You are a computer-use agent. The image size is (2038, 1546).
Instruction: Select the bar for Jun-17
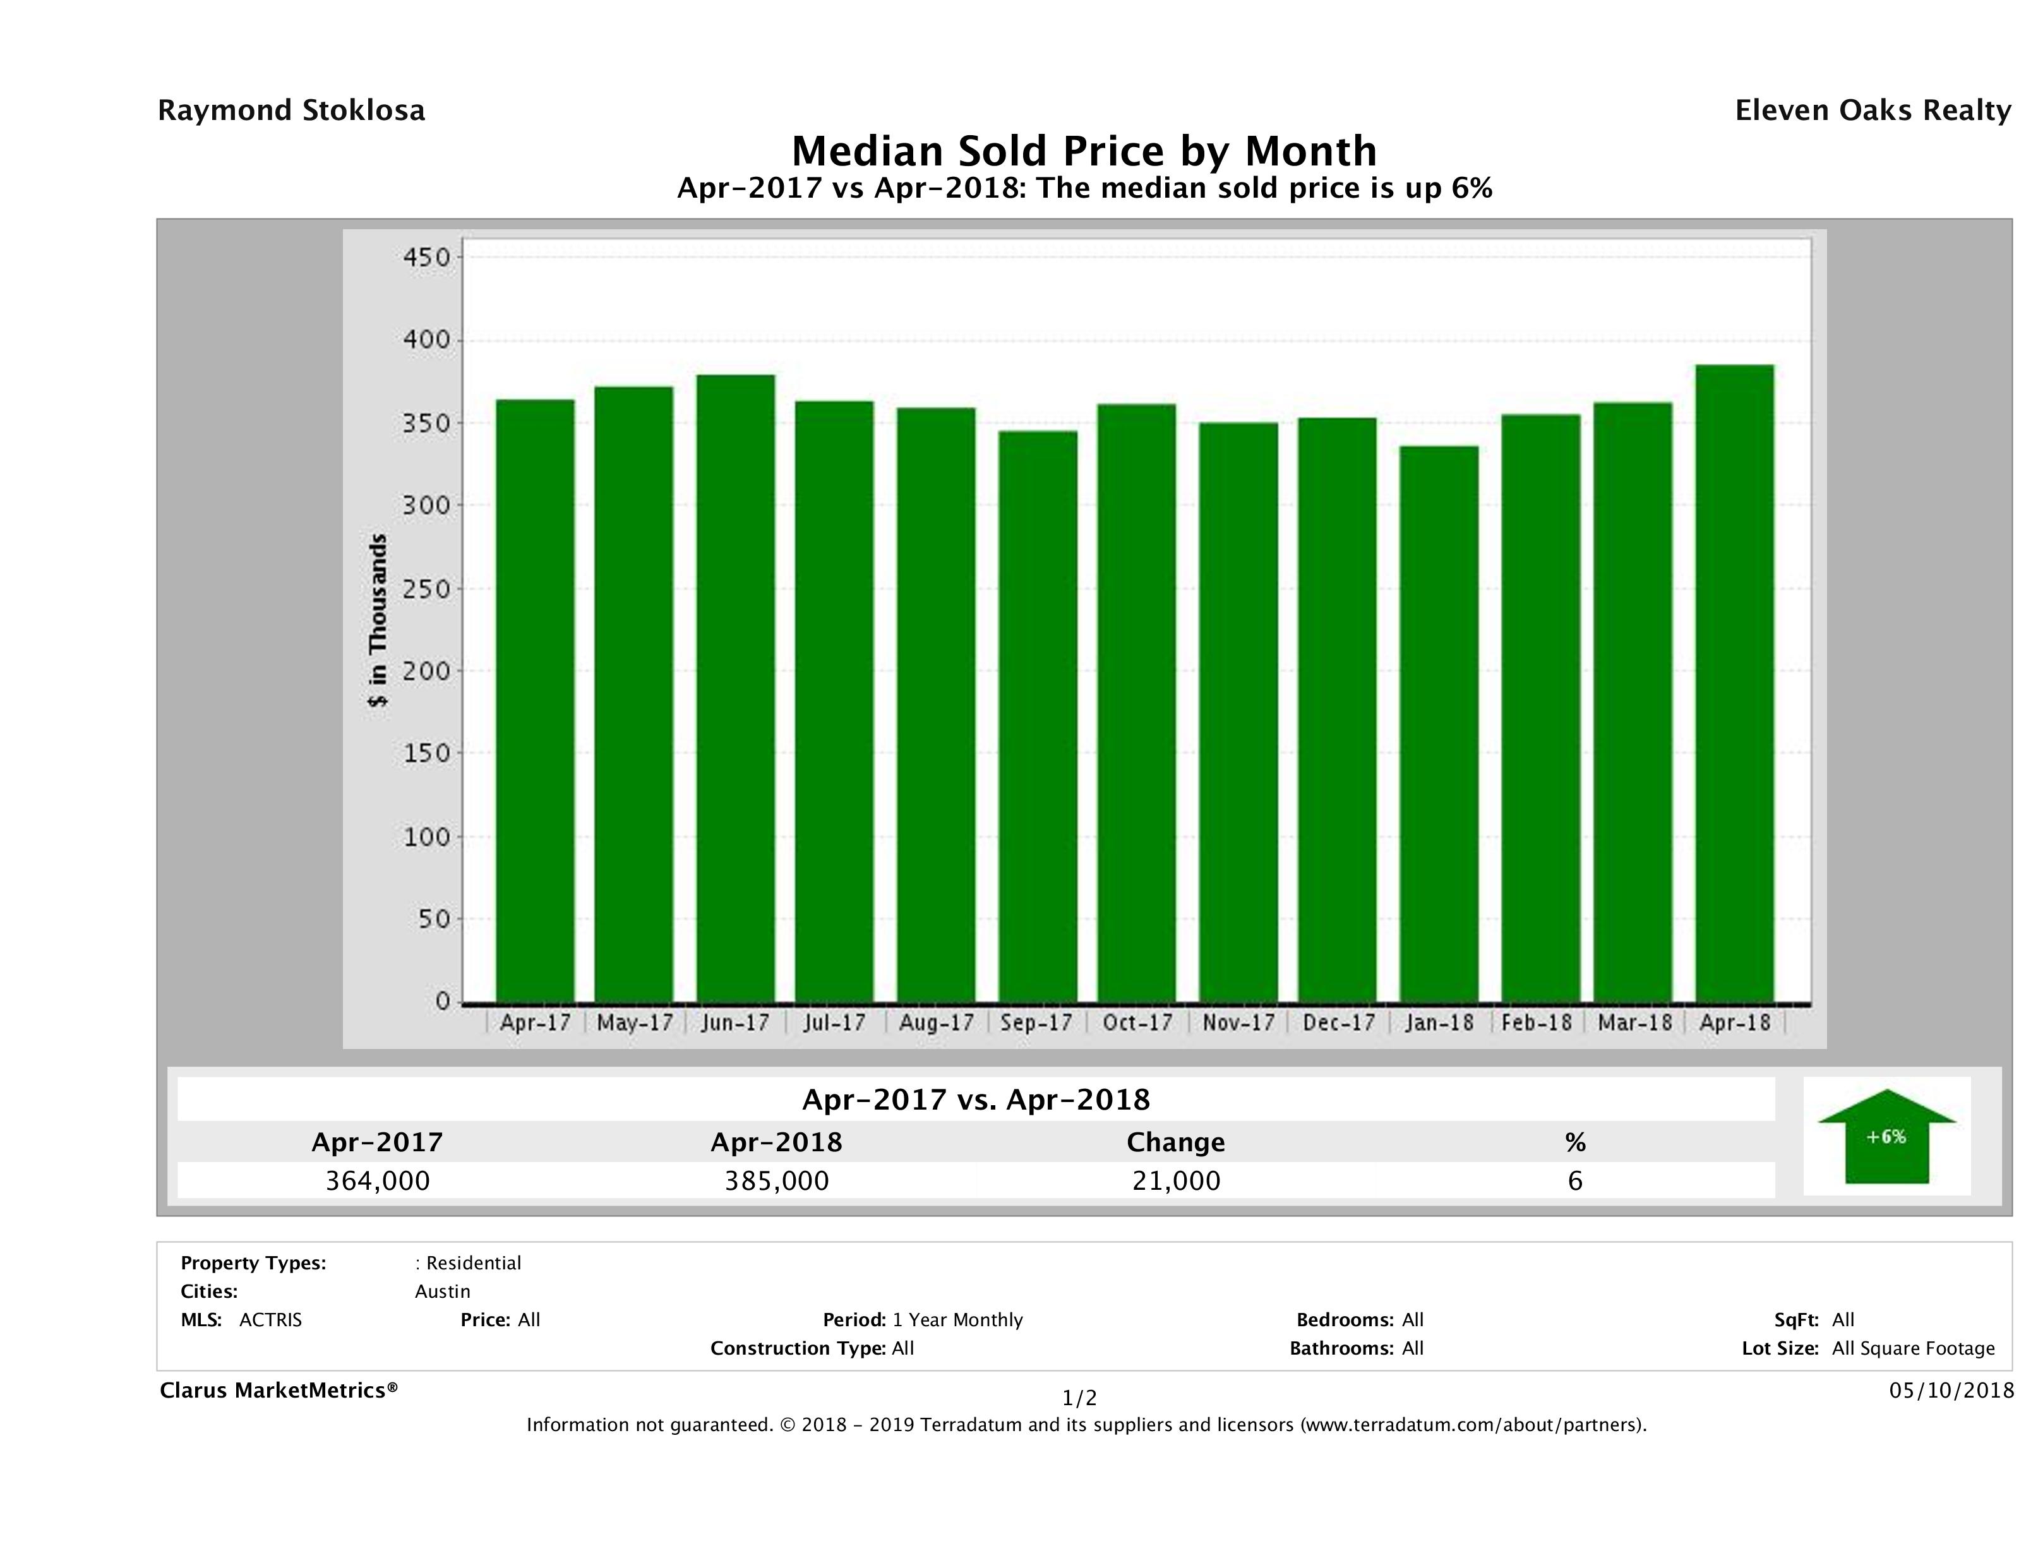[735, 688]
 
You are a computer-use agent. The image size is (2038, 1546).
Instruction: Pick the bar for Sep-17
[1038, 716]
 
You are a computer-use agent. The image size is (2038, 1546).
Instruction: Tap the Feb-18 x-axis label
[1536, 1022]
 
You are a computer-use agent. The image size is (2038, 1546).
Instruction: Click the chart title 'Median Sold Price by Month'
[1084, 150]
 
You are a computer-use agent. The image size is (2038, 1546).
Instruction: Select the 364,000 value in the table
[378, 1180]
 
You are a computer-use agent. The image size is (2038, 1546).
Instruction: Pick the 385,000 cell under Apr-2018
[777, 1180]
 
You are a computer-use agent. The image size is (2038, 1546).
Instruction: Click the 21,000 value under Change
[1176, 1180]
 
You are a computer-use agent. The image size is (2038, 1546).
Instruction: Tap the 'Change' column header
[1176, 1142]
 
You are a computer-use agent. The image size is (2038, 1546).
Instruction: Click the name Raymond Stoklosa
[291, 111]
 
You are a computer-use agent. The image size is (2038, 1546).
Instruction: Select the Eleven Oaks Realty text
[1872, 111]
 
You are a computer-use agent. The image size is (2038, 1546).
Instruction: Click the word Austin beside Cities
[442, 1291]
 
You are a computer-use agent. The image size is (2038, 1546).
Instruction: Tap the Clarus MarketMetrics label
[279, 1390]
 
